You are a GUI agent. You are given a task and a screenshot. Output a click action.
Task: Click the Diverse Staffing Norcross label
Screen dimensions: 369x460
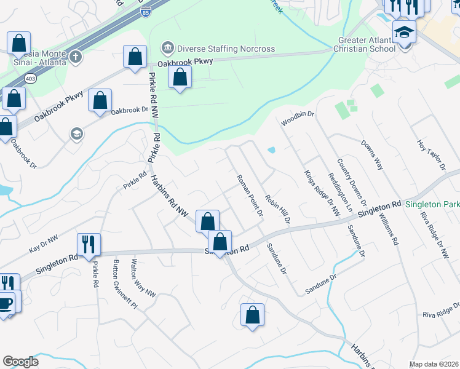pos(225,49)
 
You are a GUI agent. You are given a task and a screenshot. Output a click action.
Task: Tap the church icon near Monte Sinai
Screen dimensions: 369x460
pos(76,57)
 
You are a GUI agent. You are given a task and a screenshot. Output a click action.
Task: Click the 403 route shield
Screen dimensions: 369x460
pos(30,79)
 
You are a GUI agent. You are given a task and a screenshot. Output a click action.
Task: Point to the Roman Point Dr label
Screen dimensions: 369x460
pos(250,196)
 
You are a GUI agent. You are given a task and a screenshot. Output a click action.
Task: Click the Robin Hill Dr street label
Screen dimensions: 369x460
pos(277,209)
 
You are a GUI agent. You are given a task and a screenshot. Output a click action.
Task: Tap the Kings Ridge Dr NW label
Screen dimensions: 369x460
pos(322,193)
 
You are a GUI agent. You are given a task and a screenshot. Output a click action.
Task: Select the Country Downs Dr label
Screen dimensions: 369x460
pos(351,183)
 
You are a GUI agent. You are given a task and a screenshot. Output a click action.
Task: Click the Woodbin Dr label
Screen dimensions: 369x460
pos(298,119)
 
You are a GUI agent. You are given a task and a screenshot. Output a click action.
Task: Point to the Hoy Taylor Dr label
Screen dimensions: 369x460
pos(431,154)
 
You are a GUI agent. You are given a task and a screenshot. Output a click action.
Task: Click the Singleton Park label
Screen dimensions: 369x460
pos(432,204)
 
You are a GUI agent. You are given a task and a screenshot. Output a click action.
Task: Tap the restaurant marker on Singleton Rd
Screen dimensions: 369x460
pos(89,244)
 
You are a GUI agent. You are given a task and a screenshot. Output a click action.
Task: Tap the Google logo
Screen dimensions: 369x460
pos(21,362)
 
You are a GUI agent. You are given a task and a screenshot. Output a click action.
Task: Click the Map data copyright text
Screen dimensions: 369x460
pos(434,364)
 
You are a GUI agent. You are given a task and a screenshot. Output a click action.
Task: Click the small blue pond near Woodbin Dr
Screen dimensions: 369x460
pos(271,149)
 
